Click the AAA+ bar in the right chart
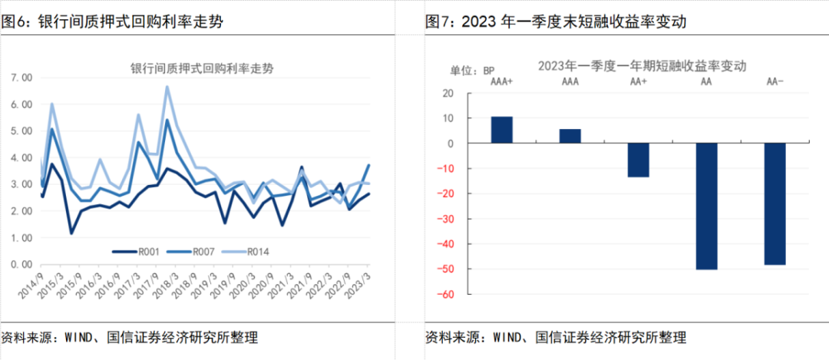502,130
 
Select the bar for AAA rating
570,136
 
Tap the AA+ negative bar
638,160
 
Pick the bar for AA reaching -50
706,206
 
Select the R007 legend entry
195,251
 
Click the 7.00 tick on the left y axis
21,78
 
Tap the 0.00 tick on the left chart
21,264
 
